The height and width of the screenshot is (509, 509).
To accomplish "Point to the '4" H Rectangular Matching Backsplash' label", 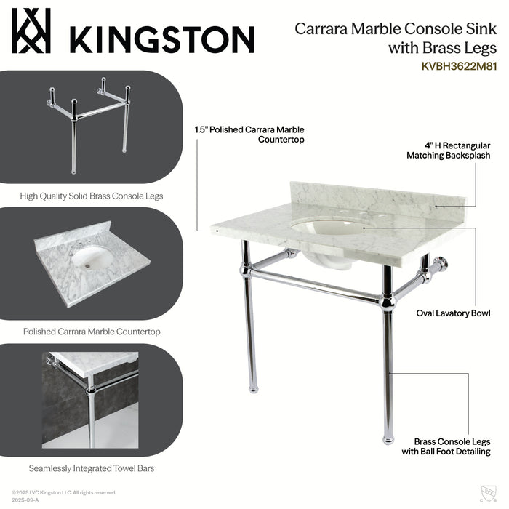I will coord(448,150).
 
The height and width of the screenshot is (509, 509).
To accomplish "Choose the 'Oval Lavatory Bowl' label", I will coord(453,313).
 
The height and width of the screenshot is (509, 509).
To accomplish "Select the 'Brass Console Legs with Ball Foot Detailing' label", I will coord(452,446).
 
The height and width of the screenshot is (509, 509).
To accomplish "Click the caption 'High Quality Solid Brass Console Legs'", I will coord(91,196).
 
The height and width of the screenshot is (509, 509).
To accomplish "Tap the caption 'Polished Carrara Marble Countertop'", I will coord(91,332).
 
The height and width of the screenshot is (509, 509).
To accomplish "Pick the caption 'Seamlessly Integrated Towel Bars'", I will coord(91,468).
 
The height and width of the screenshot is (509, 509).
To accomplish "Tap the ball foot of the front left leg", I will coord(254,388).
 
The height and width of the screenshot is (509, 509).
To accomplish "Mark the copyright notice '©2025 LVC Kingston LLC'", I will coord(64,492).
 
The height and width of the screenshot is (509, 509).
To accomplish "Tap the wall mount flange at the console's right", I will coord(443,262).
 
